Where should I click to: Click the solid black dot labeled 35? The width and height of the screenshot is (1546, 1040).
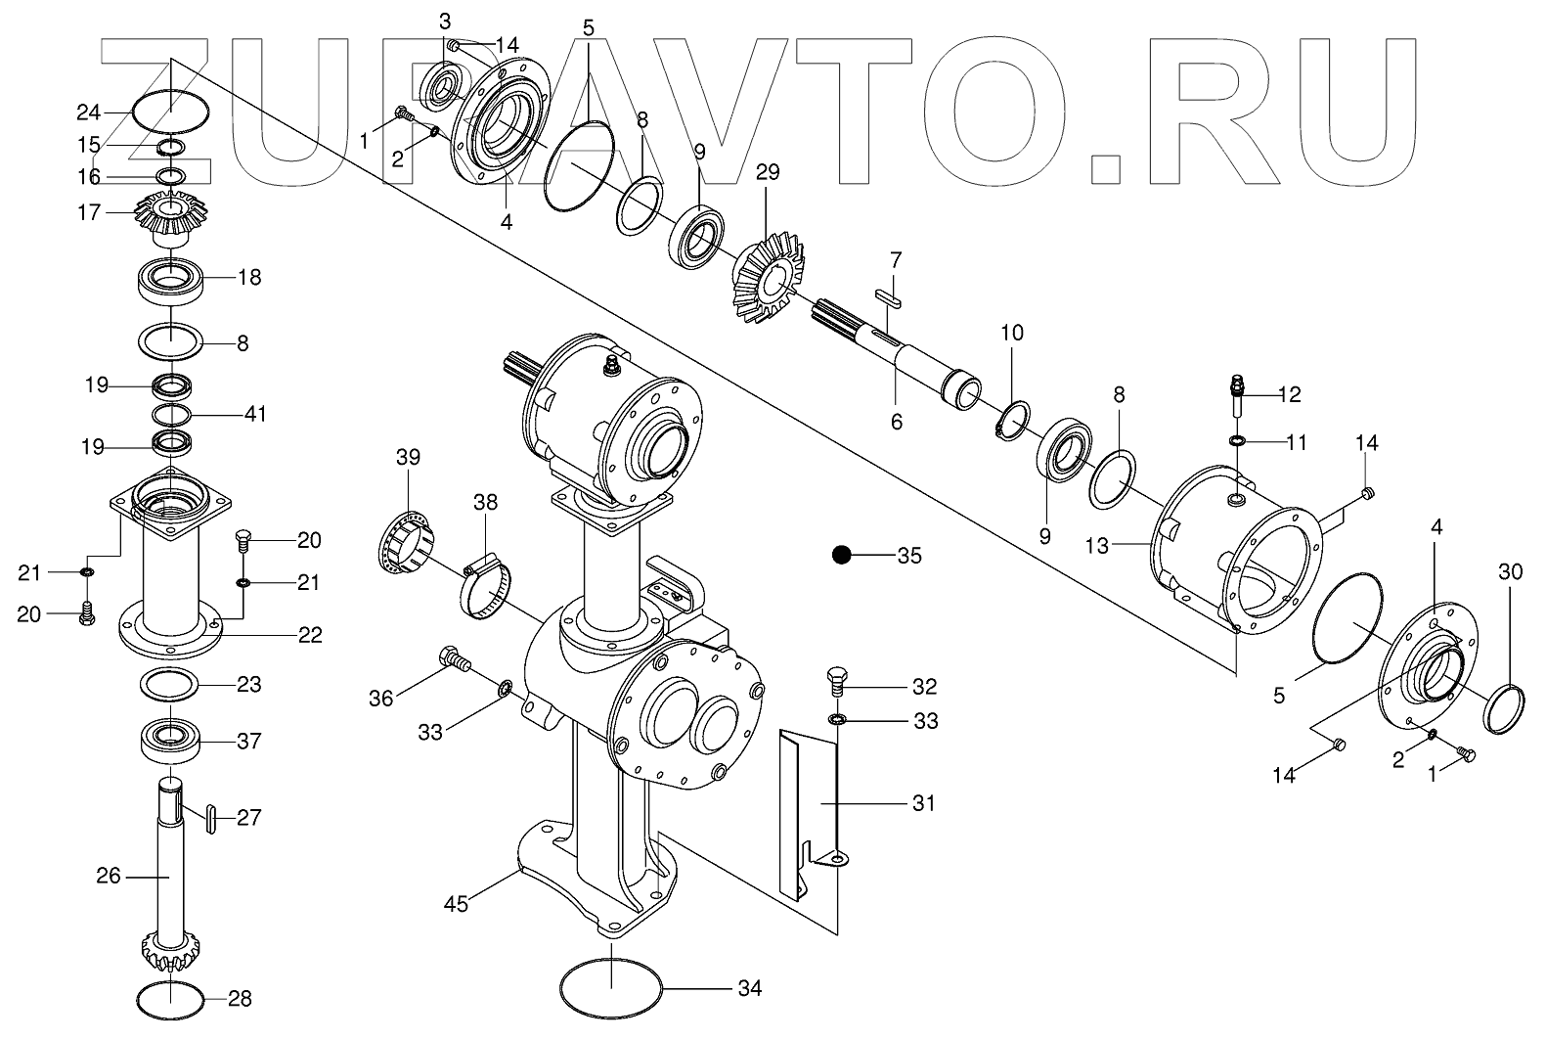point(841,555)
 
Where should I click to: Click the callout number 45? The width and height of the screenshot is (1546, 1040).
point(457,903)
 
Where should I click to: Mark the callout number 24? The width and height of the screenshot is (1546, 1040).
point(116,113)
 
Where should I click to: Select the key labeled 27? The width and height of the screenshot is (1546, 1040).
point(209,817)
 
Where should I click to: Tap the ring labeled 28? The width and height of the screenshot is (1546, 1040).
point(170,999)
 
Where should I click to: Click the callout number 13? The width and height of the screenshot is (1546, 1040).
point(1097,545)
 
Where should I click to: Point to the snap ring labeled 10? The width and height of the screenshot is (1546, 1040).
point(1009,418)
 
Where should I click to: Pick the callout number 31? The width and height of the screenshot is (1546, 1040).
point(923,803)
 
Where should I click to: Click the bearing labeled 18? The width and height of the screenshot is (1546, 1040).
point(171,281)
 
